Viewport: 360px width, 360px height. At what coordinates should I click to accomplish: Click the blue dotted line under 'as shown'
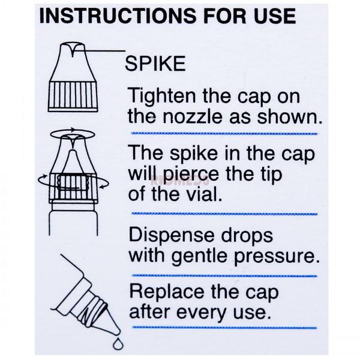223,133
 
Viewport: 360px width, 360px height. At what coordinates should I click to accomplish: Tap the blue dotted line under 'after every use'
223,328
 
